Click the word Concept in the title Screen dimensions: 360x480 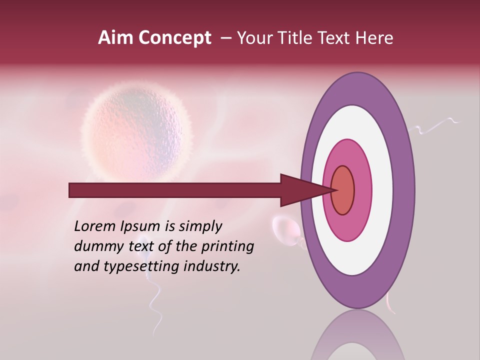pyautogui.click(x=174, y=38)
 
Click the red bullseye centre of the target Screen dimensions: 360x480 pyautogui.click(x=342, y=190)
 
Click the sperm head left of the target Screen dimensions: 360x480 pyautogui.click(x=285, y=227)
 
